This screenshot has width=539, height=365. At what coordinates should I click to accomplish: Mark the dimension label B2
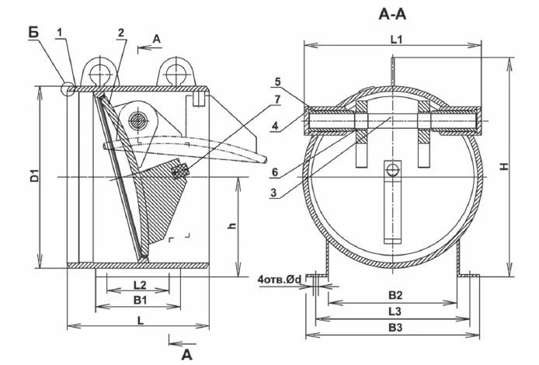[395, 296]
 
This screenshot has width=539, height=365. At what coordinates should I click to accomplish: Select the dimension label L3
[395, 311]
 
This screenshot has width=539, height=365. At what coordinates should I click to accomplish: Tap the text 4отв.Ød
[281, 277]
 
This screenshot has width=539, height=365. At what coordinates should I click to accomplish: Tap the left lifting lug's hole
[99, 75]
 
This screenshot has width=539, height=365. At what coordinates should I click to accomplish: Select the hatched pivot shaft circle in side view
[138, 120]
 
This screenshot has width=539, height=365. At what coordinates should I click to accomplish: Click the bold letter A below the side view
[186, 354]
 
